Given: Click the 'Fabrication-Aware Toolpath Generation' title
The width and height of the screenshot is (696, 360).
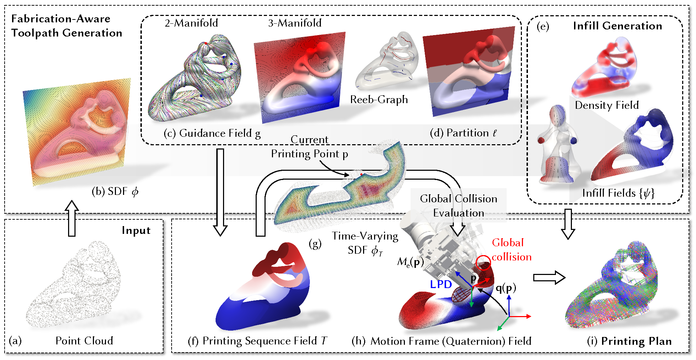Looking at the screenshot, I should (x=67, y=26).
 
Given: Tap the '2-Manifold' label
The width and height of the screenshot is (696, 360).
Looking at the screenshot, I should (x=191, y=23).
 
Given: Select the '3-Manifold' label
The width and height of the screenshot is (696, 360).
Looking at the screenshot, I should (x=295, y=23).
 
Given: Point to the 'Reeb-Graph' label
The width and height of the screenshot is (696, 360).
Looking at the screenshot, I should (x=379, y=100).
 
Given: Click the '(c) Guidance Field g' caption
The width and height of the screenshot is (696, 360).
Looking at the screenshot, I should (x=212, y=133).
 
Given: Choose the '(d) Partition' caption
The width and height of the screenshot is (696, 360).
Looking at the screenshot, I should (x=463, y=133).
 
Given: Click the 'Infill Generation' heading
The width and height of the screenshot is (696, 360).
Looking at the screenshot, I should (x=617, y=26).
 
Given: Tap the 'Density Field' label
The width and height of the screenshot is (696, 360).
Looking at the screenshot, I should (x=607, y=105).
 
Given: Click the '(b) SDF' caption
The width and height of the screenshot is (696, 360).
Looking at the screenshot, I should (x=115, y=192).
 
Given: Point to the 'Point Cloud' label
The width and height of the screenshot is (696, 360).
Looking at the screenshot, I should (x=84, y=341).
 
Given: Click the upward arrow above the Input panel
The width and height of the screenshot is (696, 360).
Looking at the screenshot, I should (x=72, y=218).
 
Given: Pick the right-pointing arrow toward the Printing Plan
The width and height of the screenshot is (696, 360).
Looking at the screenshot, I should (x=549, y=277).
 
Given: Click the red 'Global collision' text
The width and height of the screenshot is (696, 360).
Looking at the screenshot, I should (x=511, y=250).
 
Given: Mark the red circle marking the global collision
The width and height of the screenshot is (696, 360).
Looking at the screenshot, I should (x=483, y=262).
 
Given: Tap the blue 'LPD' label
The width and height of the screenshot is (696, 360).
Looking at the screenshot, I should (x=441, y=285).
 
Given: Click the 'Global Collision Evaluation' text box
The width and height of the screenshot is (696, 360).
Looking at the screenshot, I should (x=458, y=206).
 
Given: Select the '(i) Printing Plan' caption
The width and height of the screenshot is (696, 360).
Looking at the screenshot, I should (x=629, y=341).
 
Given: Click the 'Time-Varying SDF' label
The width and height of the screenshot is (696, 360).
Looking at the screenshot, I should (x=365, y=243).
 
